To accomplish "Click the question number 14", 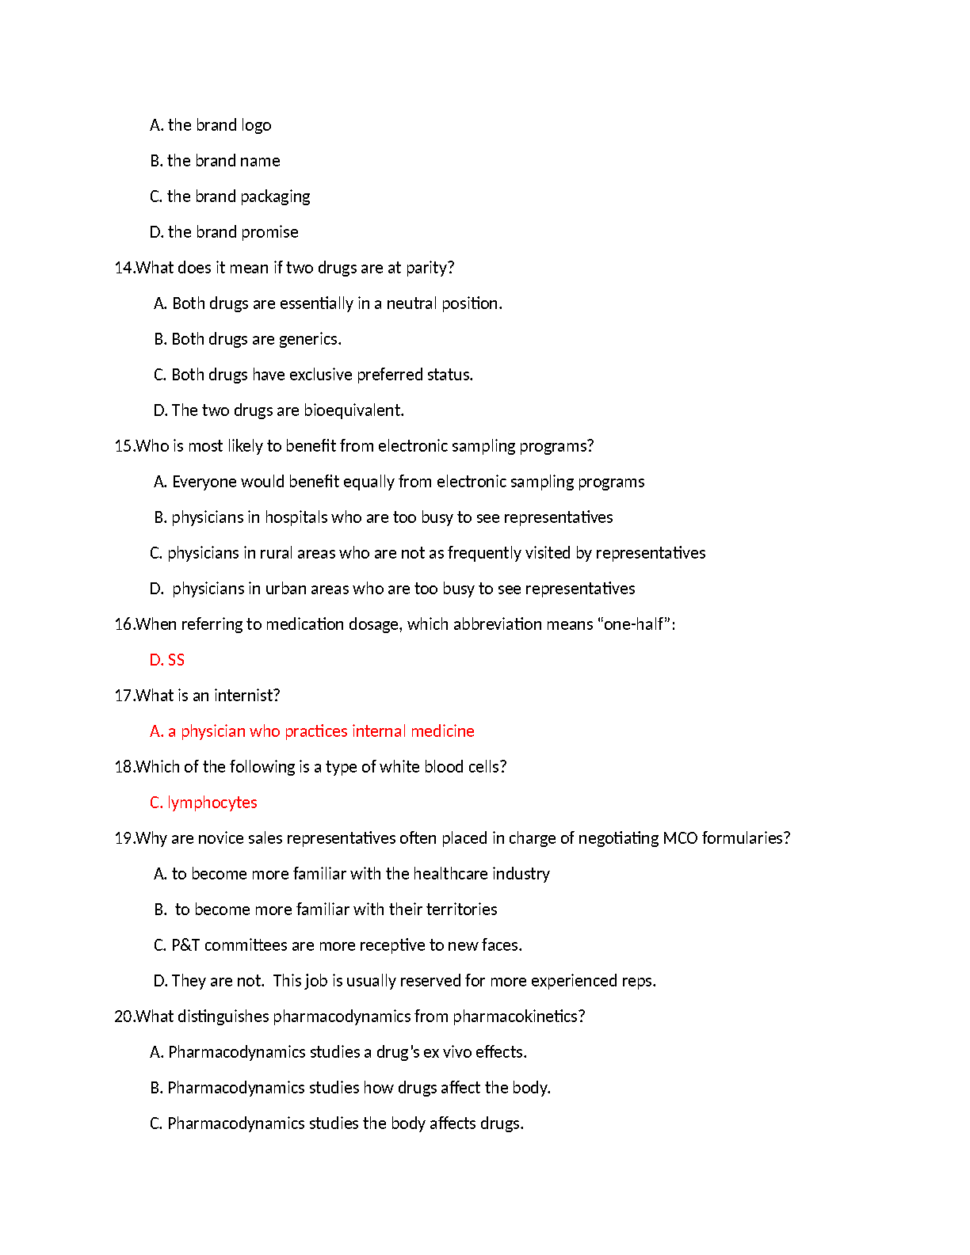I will pyautogui.click(x=123, y=268).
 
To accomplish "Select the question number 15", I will pyautogui.click(x=123, y=446).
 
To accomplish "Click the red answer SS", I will pyautogui.click(x=176, y=660).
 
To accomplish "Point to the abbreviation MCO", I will pyautogui.click(x=680, y=838).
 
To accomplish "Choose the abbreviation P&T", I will pyautogui.click(x=185, y=945).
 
